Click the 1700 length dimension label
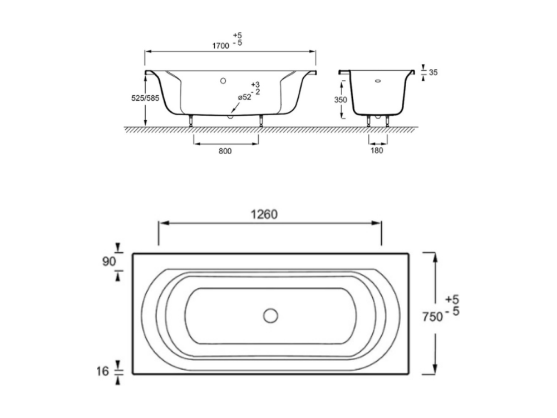click(x=220, y=46)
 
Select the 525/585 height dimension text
click(x=145, y=98)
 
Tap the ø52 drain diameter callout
click(x=244, y=97)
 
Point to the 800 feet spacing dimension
click(x=225, y=151)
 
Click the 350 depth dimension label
click(x=341, y=100)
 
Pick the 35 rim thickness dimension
click(x=433, y=72)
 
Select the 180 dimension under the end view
click(x=377, y=150)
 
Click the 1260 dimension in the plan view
click(x=264, y=214)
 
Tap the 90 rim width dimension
click(x=109, y=261)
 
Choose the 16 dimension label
click(x=102, y=371)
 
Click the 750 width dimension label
click(x=433, y=316)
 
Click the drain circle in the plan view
click(x=270, y=316)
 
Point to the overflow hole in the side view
click(x=223, y=81)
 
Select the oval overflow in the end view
click(x=378, y=80)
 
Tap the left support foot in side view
click(x=191, y=120)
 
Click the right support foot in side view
click(x=261, y=120)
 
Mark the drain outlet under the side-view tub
click(x=230, y=116)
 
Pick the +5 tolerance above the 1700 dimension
click(x=237, y=35)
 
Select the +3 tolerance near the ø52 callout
click(x=255, y=85)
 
